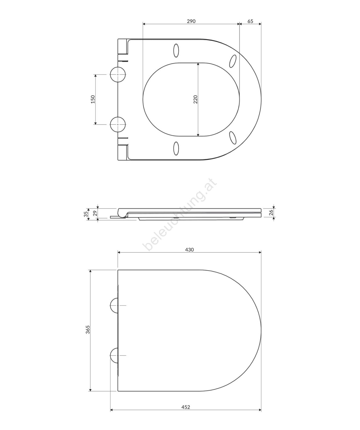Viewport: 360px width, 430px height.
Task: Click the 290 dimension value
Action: pos(191,21)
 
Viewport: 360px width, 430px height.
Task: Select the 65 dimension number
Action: pos(250,21)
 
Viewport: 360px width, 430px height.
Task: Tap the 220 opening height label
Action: pos(196,99)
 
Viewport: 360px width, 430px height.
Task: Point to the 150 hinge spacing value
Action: pos(93,99)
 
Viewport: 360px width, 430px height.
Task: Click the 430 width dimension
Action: pos(189,250)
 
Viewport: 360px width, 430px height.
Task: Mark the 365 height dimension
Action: pos(88,329)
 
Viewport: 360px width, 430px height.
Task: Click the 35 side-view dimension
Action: pos(86,214)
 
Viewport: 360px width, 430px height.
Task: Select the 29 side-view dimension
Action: pos(94,214)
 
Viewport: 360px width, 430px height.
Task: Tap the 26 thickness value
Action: pos(271,213)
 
